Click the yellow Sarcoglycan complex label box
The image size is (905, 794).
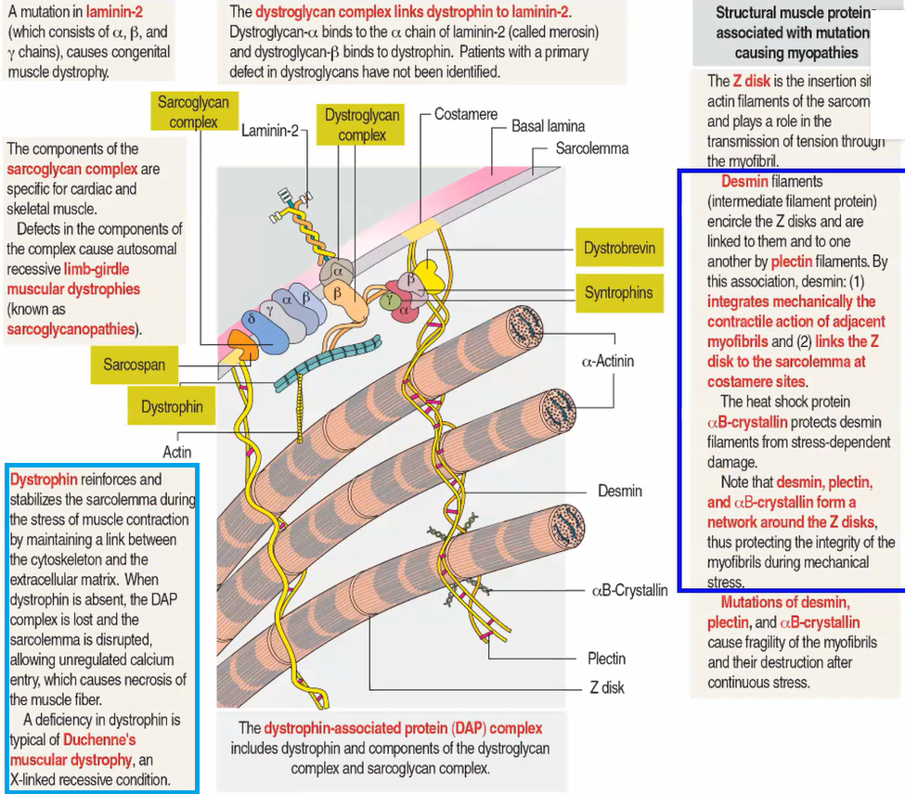(193, 110)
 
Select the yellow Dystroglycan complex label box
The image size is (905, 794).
(362, 124)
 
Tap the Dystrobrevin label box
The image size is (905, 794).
(619, 248)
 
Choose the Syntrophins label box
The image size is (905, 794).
(619, 292)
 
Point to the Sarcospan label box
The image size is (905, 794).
(135, 365)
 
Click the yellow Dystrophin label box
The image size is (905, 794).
(172, 406)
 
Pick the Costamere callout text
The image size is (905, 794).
(466, 114)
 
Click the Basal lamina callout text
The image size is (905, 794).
(549, 125)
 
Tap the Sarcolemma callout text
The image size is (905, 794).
(591, 148)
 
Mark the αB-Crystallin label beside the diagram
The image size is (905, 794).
(629, 590)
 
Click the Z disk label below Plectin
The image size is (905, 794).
(607, 687)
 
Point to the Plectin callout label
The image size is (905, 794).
(606, 659)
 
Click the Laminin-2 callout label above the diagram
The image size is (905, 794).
(270, 131)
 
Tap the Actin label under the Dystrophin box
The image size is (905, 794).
(177, 452)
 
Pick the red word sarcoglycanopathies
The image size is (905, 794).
(71, 328)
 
